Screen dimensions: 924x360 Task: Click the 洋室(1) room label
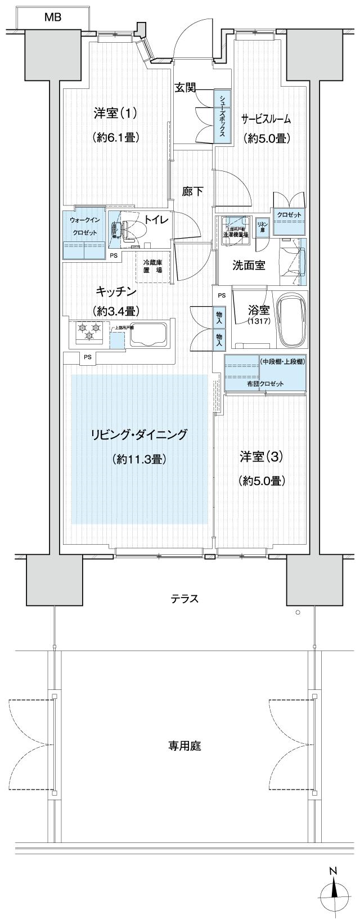pos(115,113)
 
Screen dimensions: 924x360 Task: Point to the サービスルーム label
pos(266,118)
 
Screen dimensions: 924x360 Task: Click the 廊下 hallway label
pos(192,191)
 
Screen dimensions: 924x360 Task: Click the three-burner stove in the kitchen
pos(88,331)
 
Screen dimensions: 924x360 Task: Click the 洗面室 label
pos(249,265)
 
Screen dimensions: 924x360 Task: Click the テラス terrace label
pos(185,599)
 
